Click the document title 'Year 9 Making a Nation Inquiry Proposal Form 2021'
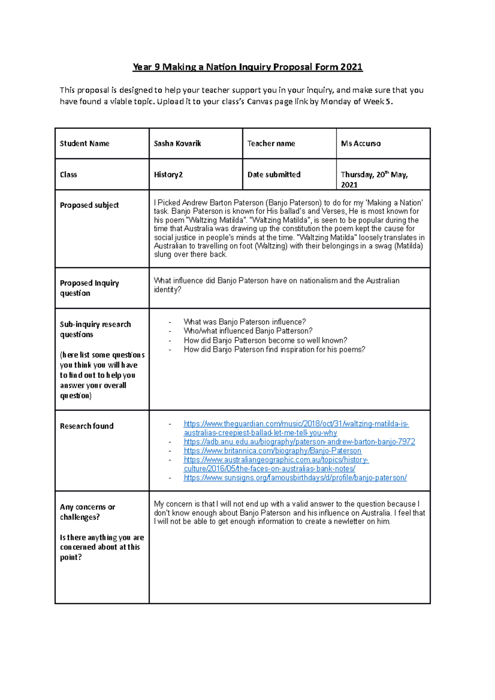[247, 67]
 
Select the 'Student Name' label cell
[85, 143]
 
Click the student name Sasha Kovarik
[177, 143]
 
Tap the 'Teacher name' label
[271, 143]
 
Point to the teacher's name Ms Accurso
[361, 143]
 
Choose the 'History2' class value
[168, 174]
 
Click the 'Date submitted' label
[274, 174]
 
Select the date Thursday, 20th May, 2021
[374, 179]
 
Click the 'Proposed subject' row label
[89, 205]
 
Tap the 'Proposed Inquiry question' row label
[89, 288]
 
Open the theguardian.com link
[296, 428]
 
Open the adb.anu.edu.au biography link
[299, 442]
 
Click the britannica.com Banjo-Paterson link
[272, 451]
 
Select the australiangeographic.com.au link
[276, 464]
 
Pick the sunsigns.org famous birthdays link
[295, 478]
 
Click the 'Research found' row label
[87, 426]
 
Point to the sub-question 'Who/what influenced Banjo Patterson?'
[248, 331]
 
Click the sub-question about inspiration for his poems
[274, 350]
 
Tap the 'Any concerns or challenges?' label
[87, 512]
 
